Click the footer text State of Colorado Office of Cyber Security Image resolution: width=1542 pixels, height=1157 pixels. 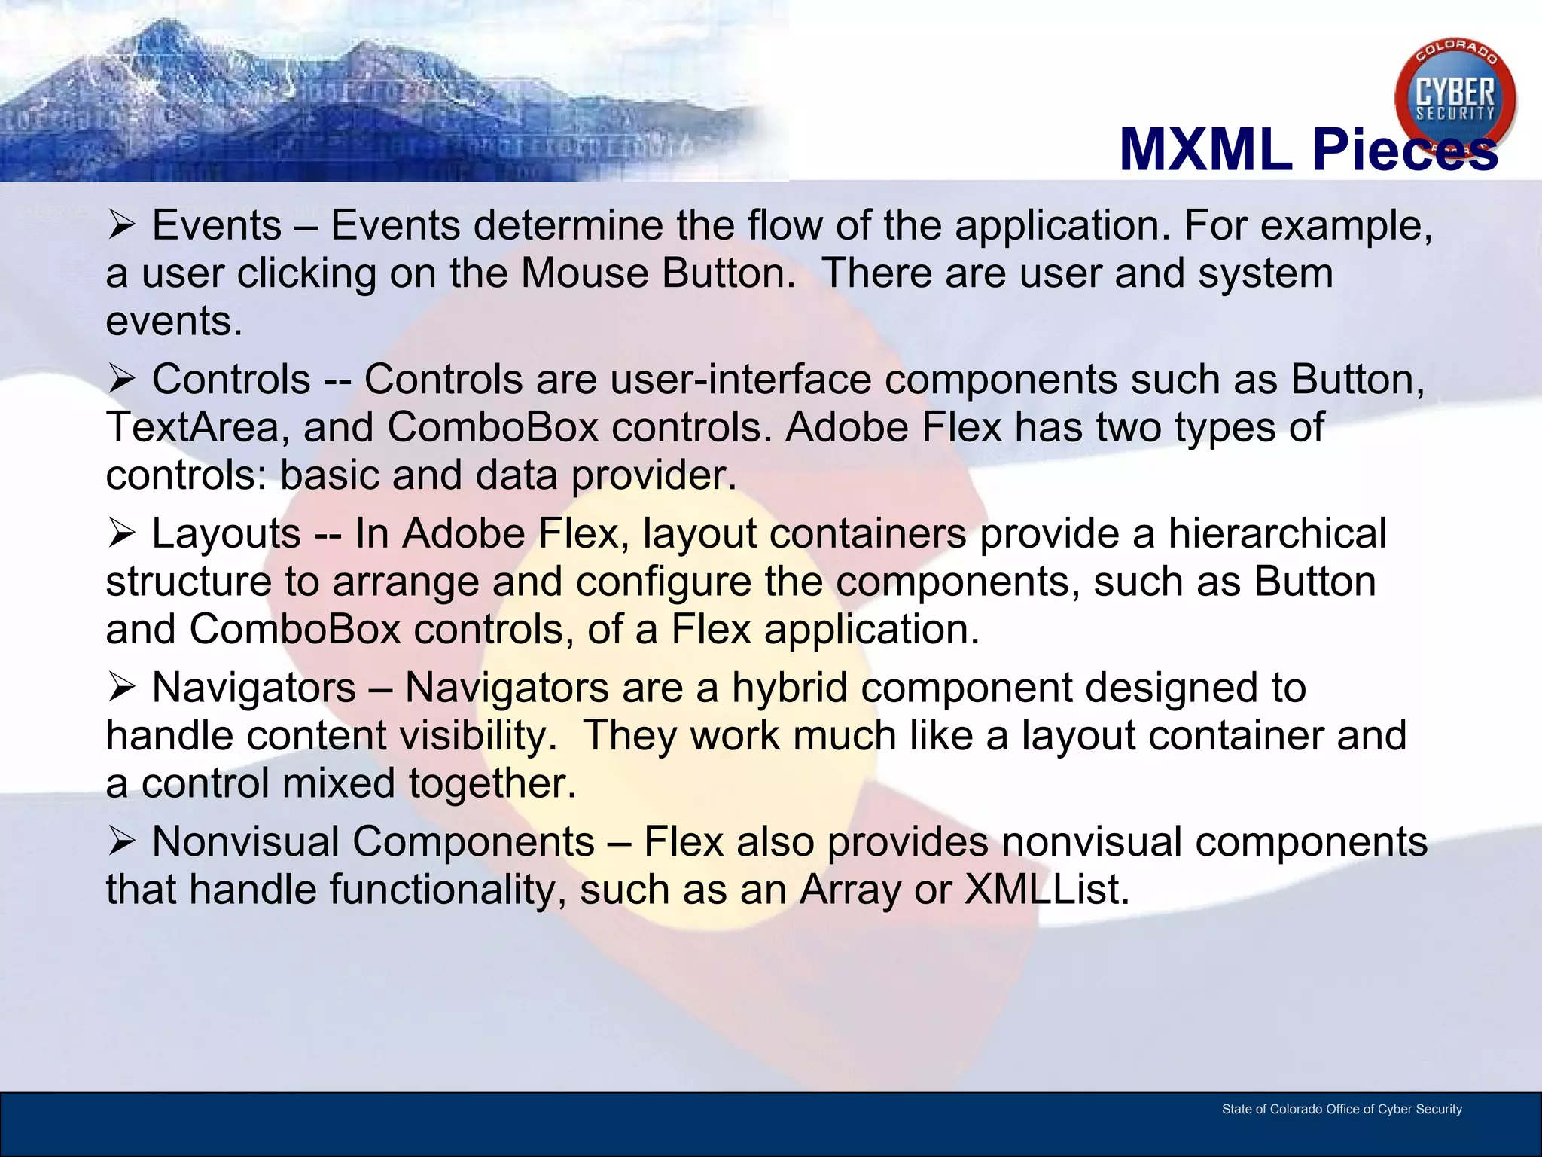click(x=1341, y=1109)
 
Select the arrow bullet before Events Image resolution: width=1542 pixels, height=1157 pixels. click(x=120, y=225)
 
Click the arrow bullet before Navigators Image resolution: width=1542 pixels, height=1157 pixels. click(x=120, y=687)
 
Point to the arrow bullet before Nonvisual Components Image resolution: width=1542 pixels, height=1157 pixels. click(x=120, y=841)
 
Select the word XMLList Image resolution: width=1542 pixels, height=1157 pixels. click(x=1047, y=890)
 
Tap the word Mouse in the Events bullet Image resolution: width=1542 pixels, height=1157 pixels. click(x=584, y=273)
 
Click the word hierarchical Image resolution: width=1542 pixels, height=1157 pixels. click(x=1277, y=533)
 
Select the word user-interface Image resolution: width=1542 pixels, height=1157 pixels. click(x=741, y=379)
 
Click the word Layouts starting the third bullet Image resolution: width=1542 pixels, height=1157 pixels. click(x=227, y=535)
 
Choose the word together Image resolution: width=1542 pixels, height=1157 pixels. click(x=492, y=784)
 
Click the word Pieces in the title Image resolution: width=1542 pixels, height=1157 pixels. click(x=1404, y=150)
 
